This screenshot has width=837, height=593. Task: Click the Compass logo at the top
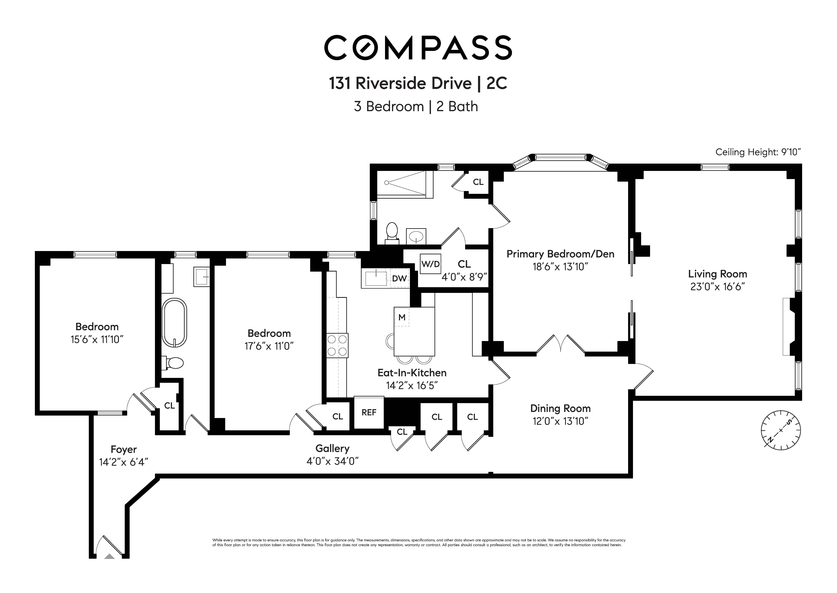418,47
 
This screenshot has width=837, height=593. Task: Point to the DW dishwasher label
399,278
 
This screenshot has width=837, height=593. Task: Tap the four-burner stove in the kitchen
337,345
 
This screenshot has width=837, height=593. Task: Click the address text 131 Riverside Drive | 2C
418,83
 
